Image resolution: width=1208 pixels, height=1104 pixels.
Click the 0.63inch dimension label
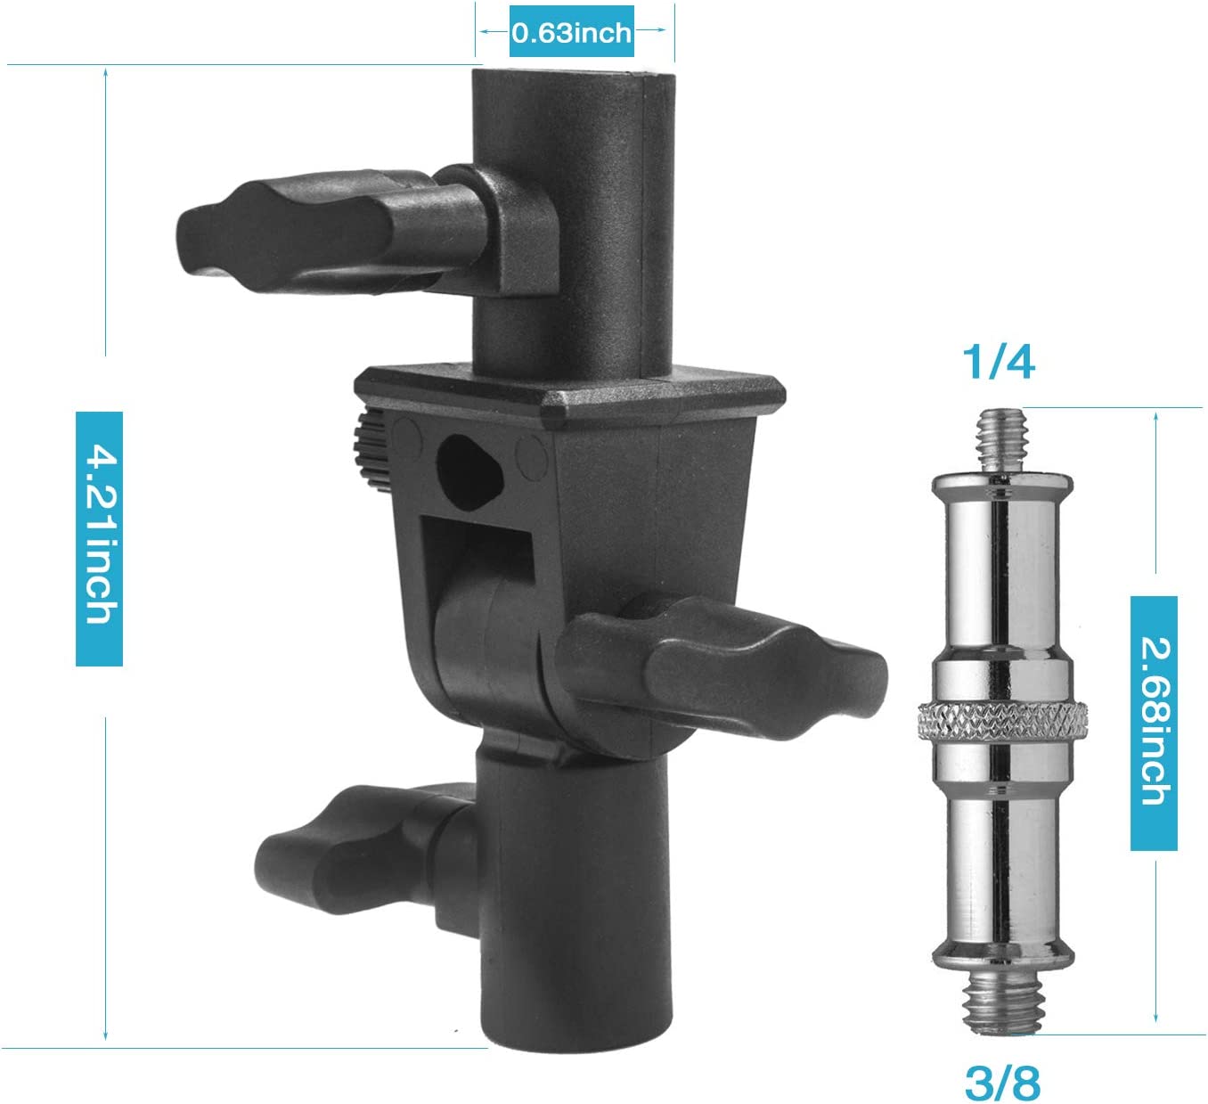click(571, 32)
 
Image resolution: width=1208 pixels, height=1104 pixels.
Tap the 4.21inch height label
click(100, 538)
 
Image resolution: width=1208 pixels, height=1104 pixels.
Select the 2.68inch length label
click(1153, 723)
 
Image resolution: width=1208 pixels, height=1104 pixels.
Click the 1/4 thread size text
click(999, 362)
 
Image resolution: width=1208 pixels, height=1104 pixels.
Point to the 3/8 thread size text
click(1002, 1083)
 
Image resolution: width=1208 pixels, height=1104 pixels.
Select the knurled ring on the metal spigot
click(1002, 722)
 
